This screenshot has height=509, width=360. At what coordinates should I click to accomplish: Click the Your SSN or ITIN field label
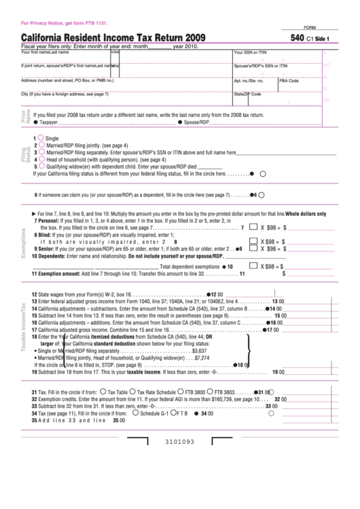coord(250,52)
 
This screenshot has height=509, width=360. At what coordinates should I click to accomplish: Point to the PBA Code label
coord(289,80)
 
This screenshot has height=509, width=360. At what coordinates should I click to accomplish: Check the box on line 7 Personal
coord(253,228)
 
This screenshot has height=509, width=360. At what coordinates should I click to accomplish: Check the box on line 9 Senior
coord(253,247)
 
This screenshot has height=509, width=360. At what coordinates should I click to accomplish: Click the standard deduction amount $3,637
coord(199,351)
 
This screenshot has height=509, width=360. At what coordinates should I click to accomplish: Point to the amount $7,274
coord(202,358)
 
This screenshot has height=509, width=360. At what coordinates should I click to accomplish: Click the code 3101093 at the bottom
coord(179,460)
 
